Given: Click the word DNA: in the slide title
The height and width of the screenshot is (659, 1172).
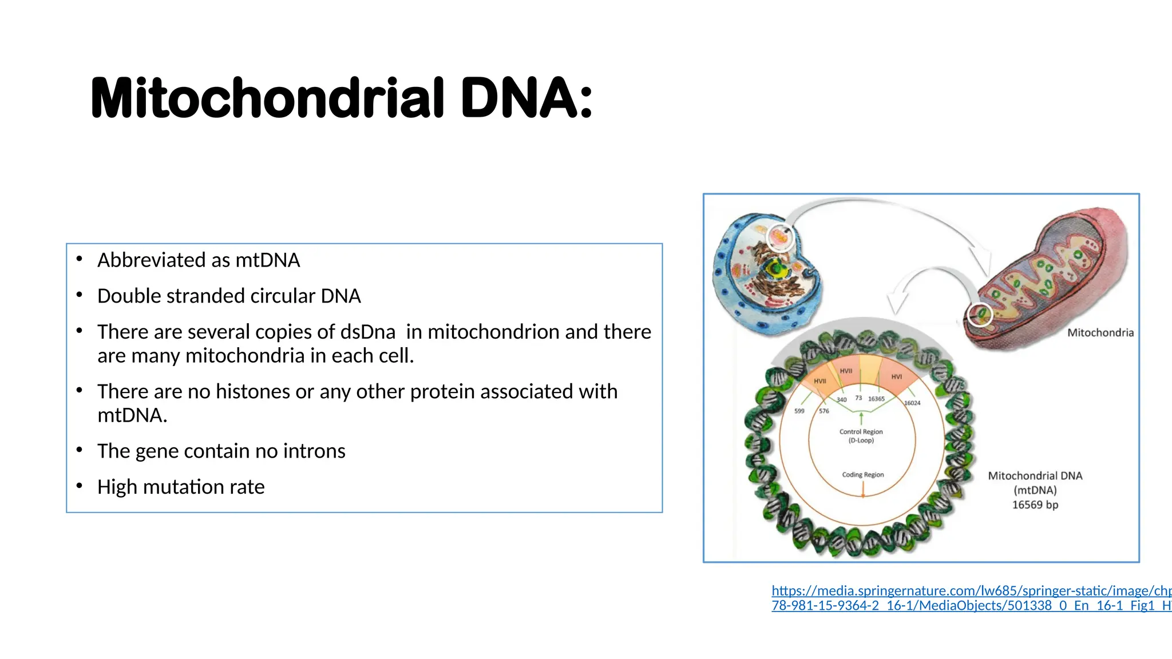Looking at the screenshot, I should pos(526,98).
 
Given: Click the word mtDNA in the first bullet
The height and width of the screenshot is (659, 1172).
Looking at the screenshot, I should pos(267,260).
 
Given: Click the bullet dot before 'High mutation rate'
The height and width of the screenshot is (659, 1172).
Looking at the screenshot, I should pos(80,486).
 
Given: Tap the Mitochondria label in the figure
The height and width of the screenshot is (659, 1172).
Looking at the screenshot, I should pos(1100,333).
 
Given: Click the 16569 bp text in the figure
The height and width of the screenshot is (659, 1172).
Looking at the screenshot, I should pos(1035,505).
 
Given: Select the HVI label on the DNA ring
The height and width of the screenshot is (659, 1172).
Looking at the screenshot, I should pos(896,376).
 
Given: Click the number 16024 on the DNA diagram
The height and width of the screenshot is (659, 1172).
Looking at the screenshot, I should pos(912,403).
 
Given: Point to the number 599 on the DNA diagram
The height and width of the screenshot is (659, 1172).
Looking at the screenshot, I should pos(799,411).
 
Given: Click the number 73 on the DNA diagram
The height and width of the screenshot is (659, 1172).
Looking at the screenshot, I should pos(858,398).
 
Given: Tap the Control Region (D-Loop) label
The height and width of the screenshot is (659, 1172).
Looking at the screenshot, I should pos(861,436).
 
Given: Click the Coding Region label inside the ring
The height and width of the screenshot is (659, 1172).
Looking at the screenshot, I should pos(862,475).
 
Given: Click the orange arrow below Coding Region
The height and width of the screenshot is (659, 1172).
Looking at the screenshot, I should pos(863,489).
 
